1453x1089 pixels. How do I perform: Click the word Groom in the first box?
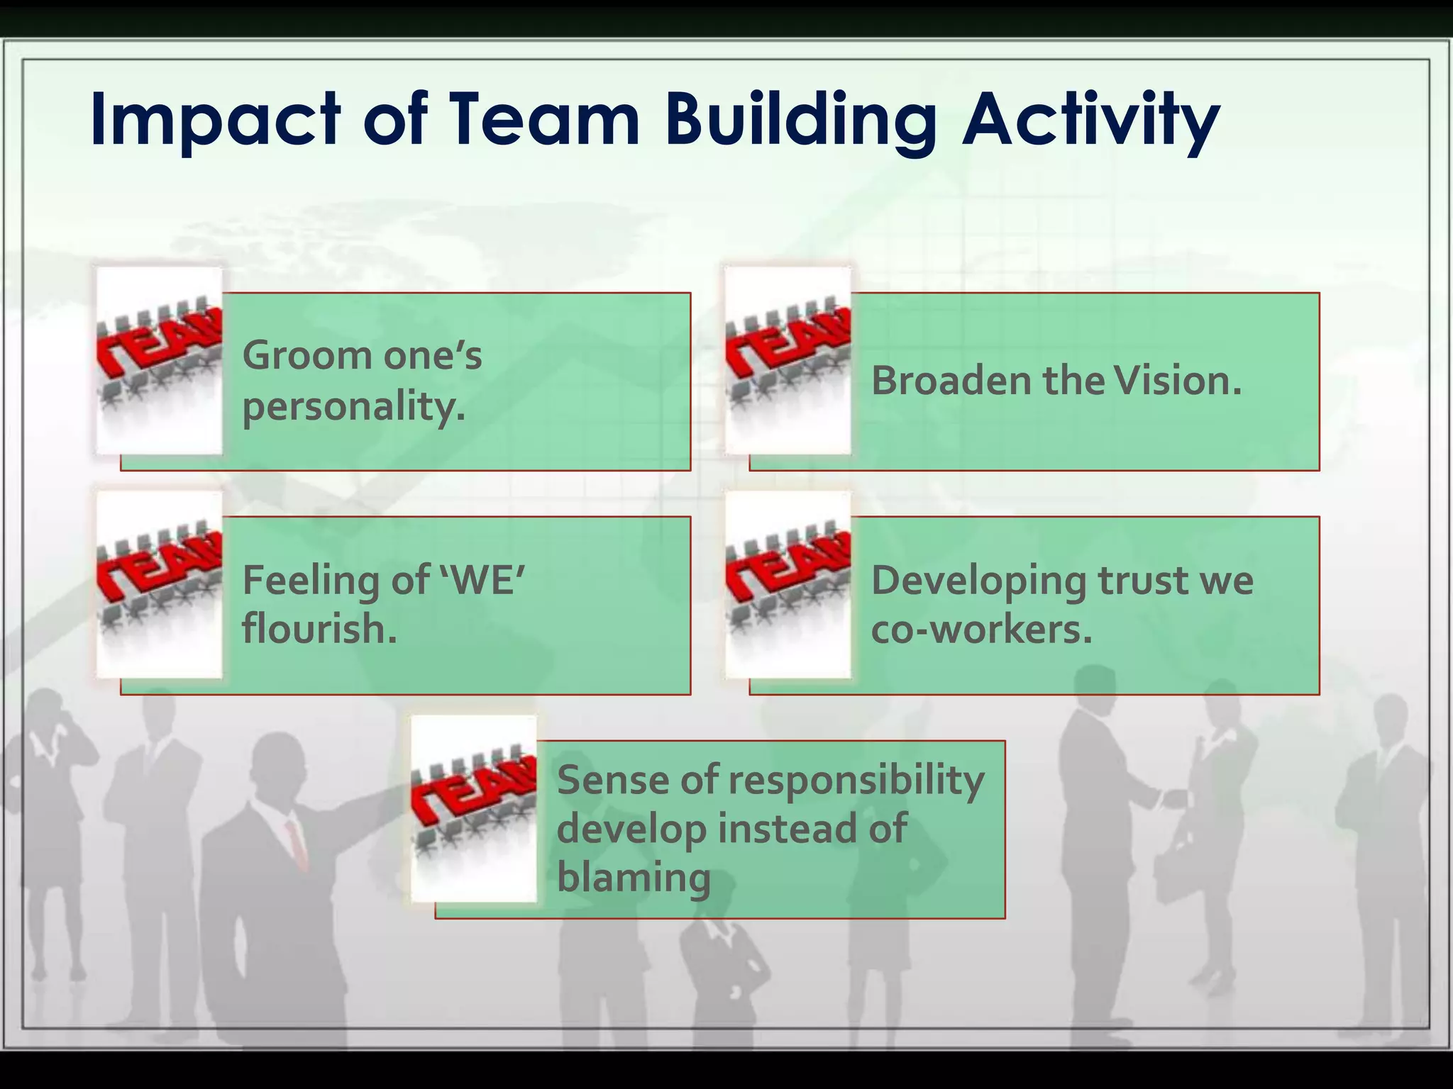click(x=306, y=354)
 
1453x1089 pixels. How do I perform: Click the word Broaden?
click(x=951, y=381)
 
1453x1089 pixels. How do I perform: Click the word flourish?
click(x=319, y=628)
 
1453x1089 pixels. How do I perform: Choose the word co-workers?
click(x=981, y=628)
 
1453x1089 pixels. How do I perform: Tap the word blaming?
click(x=633, y=877)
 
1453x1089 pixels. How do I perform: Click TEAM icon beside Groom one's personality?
click(x=159, y=360)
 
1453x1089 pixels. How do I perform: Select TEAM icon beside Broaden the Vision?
click(x=788, y=360)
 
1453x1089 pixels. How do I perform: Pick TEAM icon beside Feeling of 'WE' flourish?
click(x=159, y=584)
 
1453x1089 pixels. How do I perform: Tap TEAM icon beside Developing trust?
click(x=788, y=584)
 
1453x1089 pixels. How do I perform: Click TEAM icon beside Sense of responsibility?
click(x=473, y=808)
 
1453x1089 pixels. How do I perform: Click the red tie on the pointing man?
click(x=297, y=844)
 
